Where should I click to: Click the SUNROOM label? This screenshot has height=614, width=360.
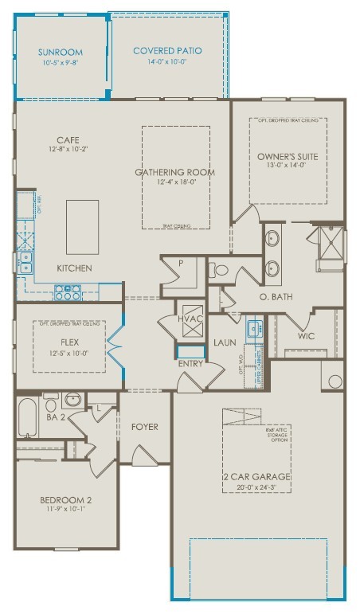coord(60,52)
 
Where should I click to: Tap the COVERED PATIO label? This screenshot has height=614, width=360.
coord(167,51)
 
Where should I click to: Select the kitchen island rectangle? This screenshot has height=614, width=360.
coord(83,225)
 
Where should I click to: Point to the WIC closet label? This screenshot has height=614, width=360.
coord(306,336)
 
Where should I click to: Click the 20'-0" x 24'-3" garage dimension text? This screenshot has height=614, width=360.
coord(256,487)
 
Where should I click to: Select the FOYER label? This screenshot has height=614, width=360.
coord(144,427)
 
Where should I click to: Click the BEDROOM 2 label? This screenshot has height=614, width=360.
coord(65,500)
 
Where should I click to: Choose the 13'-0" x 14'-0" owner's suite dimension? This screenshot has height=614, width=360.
coord(287,166)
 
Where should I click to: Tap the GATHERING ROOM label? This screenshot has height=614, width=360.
coord(174,172)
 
